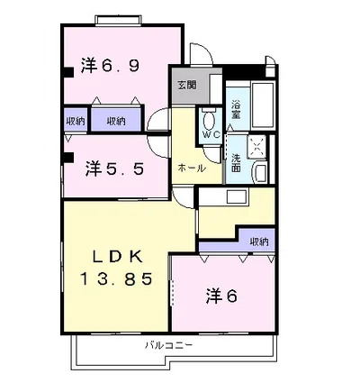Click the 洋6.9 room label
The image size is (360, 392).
pos(110,65)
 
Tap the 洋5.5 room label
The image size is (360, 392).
pos(114,169)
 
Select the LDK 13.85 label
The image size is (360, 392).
pos(117,268)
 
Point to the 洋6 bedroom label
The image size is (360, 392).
pos(221,296)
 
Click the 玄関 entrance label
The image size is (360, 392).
pos(187,85)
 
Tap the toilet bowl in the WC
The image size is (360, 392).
pos(209,120)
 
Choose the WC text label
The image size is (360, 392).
pos(211,134)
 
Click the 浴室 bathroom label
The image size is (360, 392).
pos(236,110)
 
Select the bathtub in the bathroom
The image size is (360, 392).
pos(263,105)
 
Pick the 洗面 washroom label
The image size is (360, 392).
pos(236,162)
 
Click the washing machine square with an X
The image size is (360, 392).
pos(257,147)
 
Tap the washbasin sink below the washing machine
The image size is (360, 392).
pos(260,173)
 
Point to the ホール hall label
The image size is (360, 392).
pos(192,169)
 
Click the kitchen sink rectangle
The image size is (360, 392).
pos(237,196)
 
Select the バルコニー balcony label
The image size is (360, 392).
pos(168,345)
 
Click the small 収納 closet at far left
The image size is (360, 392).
pos(76,121)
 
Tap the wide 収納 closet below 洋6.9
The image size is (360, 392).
pos(116,121)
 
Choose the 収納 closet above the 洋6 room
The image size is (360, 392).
pos(259,242)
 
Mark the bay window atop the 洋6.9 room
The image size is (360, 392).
pos(118,20)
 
